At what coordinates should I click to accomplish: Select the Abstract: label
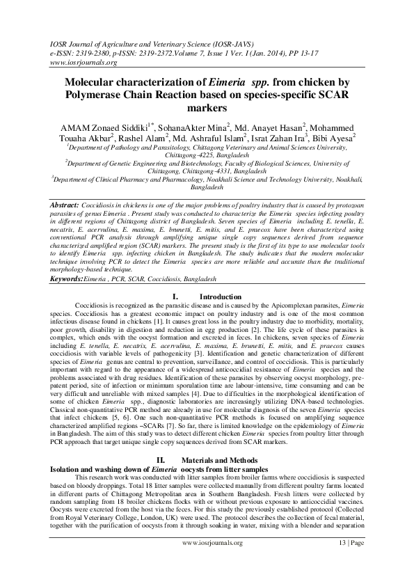tap(69, 207)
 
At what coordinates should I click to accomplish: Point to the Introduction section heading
tap(212, 297)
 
